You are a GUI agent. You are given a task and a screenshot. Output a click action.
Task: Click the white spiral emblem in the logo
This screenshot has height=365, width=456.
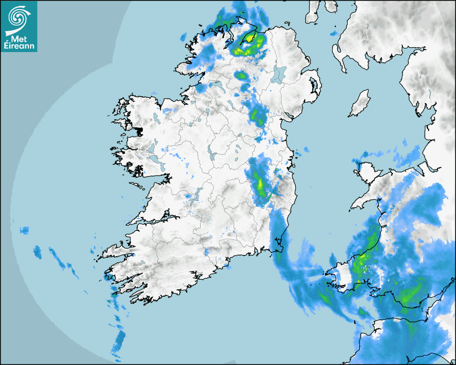tap(18, 17)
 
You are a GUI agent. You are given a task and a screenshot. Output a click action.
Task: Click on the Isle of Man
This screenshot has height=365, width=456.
tap(360, 104)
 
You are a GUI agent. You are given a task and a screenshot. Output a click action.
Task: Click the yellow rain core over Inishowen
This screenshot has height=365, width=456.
tap(250, 38)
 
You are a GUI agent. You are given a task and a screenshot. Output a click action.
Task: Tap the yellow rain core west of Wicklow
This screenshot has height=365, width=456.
tap(261, 185)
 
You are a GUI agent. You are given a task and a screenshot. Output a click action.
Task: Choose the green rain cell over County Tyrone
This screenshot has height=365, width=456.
tap(243, 76)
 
